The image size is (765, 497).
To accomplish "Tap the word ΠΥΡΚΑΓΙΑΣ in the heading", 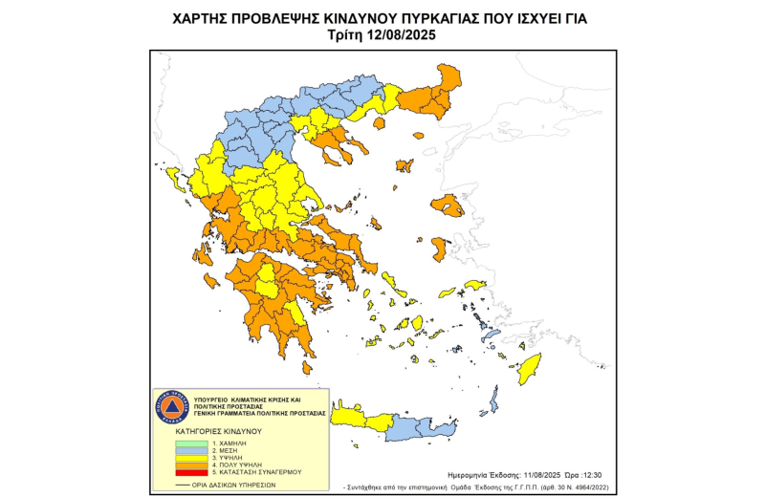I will pyautogui.click(x=435, y=18).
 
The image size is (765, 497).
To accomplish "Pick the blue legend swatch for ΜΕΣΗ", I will pyautogui.click(x=191, y=451).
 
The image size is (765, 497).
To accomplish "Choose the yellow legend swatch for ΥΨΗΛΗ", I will pyautogui.click(x=191, y=459).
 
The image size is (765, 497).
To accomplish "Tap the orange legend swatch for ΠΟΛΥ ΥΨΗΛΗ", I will pyautogui.click(x=191, y=465).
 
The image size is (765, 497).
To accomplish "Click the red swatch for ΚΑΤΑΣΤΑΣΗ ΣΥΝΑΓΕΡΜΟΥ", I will pyautogui.click(x=191, y=473).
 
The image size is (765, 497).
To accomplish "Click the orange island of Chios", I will pyautogui.click(x=439, y=248).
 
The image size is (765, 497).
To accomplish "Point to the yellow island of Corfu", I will pyautogui.click(x=175, y=177).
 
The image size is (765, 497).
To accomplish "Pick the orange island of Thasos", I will pyautogui.click(x=380, y=122).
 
